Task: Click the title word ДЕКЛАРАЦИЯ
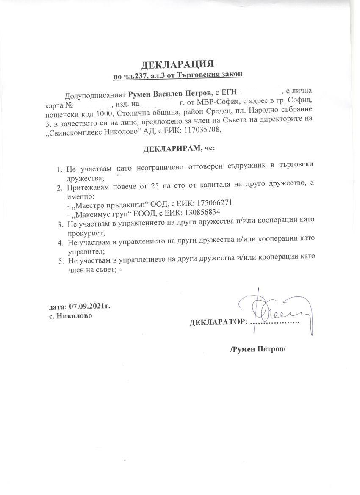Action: click(x=177, y=64)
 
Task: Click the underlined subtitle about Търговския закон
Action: click(x=177, y=75)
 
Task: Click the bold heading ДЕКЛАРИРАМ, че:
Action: click(x=179, y=149)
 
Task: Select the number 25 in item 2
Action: click(x=161, y=187)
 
